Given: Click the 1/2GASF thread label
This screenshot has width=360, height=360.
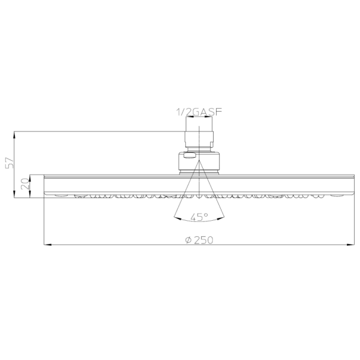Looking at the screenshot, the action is (199, 112).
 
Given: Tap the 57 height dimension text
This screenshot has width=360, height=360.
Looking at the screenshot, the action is (10, 163).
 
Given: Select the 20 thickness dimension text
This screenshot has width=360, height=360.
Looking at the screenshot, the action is (25, 184).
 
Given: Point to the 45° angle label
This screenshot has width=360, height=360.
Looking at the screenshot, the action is (199, 217).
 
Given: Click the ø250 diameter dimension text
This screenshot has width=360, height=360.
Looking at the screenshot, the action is (199, 240).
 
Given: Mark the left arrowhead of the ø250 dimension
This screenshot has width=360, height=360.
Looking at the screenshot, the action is (47, 245).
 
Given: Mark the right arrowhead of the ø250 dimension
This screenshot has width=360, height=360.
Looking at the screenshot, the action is (350, 245).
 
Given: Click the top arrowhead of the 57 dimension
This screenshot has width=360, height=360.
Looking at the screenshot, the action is (14, 135).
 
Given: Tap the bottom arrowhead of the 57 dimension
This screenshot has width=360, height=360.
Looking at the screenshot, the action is (14, 194).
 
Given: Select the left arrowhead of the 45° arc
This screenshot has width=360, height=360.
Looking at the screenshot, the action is (178, 218).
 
